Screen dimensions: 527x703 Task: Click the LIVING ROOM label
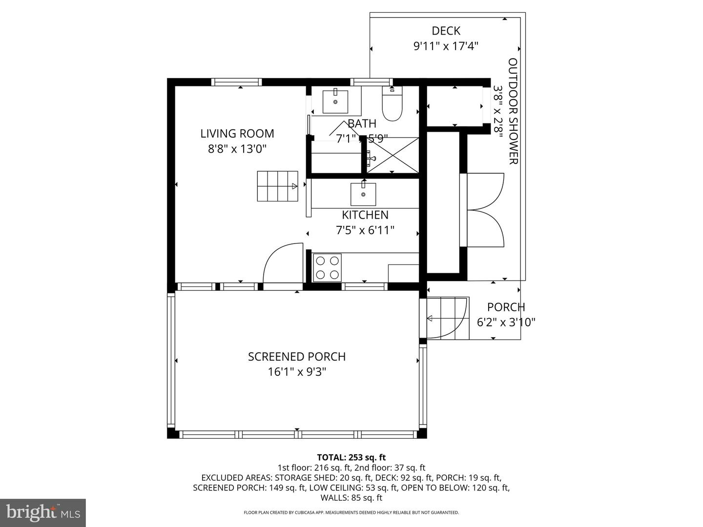tap(237, 133)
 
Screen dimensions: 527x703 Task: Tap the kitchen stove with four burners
tap(327, 268)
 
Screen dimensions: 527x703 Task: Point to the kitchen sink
tap(363, 194)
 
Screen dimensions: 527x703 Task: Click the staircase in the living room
tap(277, 186)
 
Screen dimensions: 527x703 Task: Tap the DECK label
tap(446, 31)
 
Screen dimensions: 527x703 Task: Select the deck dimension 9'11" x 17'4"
tap(446, 46)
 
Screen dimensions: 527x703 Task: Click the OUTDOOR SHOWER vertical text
tap(513, 111)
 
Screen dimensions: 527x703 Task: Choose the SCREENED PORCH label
tap(297, 357)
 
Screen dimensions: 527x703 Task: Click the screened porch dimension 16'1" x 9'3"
tap(297, 372)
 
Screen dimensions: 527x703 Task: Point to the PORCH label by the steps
tap(506, 307)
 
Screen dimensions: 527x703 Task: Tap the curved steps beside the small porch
tap(447, 318)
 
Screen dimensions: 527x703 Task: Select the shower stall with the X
tap(393, 155)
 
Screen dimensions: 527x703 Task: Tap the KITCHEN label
tap(365, 215)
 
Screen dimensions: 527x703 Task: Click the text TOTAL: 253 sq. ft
tap(351, 457)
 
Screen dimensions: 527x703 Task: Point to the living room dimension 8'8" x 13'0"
tap(237, 149)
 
